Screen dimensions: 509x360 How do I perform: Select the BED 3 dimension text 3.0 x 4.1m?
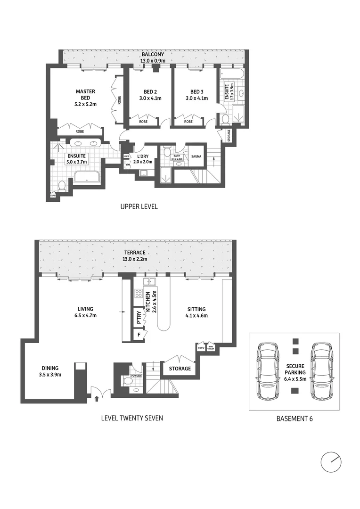point(196,99)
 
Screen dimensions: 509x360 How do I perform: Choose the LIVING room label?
point(85,310)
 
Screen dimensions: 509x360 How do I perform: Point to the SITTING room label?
point(196,310)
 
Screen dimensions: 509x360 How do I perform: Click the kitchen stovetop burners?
point(139,295)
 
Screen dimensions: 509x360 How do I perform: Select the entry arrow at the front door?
point(97,399)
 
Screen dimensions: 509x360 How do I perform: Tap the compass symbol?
point(331,462)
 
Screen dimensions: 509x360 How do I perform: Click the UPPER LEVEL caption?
point(139,206)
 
